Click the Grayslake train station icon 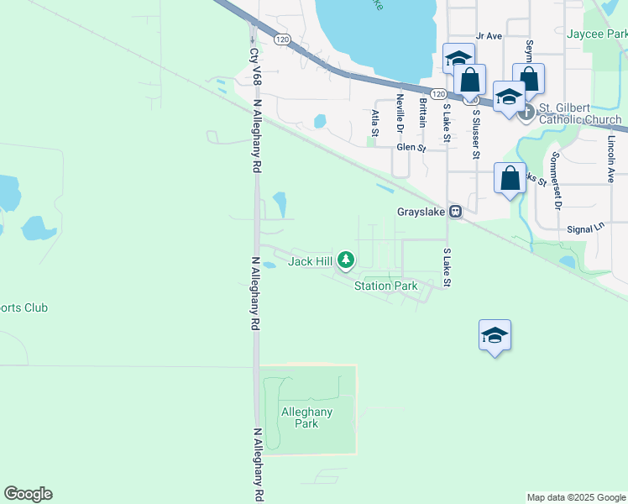point(455,212)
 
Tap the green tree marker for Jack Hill point(345,260)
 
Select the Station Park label point(385,286)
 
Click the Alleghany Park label point(306,417)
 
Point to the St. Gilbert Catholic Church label point(579,114)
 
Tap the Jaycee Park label point(597,34)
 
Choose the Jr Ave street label point(488,35)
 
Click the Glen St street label point(411,147)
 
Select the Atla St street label point(375,121)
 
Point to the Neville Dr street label point(400,109)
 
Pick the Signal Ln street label point(585,228)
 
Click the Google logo point(28,494)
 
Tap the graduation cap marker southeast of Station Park point(495,335)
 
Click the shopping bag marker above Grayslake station point(510,178)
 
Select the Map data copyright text point(575,497)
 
